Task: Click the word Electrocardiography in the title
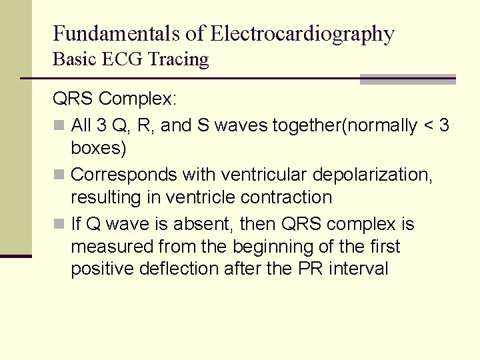tap(302, 33)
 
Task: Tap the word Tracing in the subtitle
tap(179, 59)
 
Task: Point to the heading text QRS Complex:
tap(115, 99)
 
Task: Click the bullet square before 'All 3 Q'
tap(59, 125)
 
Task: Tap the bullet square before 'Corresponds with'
tap(59, 175)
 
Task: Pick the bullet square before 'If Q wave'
tap(59, 224)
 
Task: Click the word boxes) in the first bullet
tap(99, 148)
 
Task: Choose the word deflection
tap(184, 269)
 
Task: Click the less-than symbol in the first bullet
tap(427, 125)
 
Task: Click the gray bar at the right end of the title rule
tap(407, 79)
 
